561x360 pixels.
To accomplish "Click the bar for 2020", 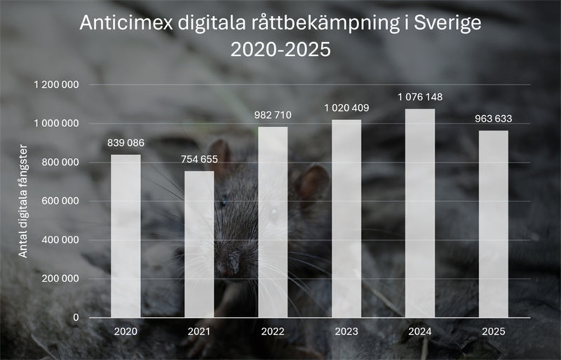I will tap(126, 236).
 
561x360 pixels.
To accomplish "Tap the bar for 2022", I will tap(273, 222).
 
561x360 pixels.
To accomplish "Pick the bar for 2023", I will tap(346, 218).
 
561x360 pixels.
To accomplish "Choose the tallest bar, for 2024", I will tap(420, 213).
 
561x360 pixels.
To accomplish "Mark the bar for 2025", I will tap(494, 224).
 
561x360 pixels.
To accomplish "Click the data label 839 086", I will tap(126, 143).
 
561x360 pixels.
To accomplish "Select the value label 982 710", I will tap(273, 115).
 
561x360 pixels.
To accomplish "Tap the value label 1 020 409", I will tap(346, 108).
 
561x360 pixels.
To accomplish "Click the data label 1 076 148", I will tap(420, 97).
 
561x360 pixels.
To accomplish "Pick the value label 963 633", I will tap(494, 119).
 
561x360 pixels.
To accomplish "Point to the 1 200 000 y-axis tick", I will tap(55, 85).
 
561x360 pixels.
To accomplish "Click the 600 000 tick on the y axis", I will tap(61, 201).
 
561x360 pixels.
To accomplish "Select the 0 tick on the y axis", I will tap(76, 317).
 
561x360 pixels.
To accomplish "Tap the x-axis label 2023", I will tap(346, 331).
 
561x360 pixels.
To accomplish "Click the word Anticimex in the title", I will tap(115, 23).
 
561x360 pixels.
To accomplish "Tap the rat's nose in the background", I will tap(227, 269).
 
